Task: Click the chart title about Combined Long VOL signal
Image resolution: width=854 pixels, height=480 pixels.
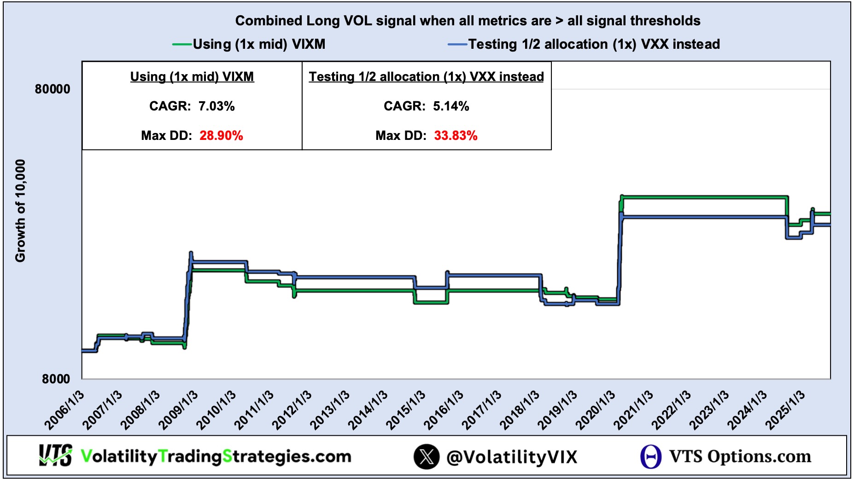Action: pyautogui.click(x=468, y=21)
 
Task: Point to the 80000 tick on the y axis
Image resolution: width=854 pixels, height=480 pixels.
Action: pyautogui.click(x=53, y=89)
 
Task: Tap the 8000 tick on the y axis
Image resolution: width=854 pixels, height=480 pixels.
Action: pyautogui.click(x=56, y=379)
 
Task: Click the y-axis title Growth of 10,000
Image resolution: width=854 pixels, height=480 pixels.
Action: pyautogui.click(x=20, y=211)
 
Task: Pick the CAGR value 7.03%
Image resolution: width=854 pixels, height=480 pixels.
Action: pyautogui.click(x=216, y=106)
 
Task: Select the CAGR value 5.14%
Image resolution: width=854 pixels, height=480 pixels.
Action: pyautogui.click(x=451, y=106)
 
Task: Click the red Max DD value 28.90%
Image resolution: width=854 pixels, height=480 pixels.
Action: pyautogui.click(x=221, y=136)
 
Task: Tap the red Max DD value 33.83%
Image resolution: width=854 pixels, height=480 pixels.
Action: pyautogui.click(x=456, y=136)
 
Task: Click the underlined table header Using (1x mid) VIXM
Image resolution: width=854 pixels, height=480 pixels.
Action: pyautogui.click(x=192, y=77)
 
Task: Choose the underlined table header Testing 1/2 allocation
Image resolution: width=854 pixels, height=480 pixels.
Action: pyautogui.click(x=426, y=77)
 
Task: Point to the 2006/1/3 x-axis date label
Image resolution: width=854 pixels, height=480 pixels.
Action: pyautogui.click(x=65, y=410)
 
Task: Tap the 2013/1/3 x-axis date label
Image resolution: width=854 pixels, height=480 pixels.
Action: pyautogui.click(x=330, y=410)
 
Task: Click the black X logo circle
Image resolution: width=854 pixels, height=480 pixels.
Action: pyautogui.click(x=426, y=457)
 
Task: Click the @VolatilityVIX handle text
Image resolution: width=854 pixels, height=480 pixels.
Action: pyautogui.click(x=512, y=457)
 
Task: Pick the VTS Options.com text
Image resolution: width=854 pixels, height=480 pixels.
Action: pyautogui.click(x=740, y=457)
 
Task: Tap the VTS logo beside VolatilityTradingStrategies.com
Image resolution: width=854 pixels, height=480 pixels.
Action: pyautogui.click(x=55, y=456)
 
